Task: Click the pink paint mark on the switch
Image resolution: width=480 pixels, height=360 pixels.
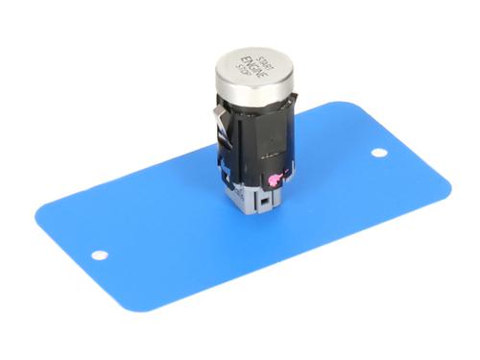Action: coord(276,180)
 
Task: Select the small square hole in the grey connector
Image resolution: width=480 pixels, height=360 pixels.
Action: coord(264,203)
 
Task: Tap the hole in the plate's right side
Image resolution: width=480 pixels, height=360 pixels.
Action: coord(379,153)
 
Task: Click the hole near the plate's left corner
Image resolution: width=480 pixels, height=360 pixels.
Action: coord(100,255)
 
